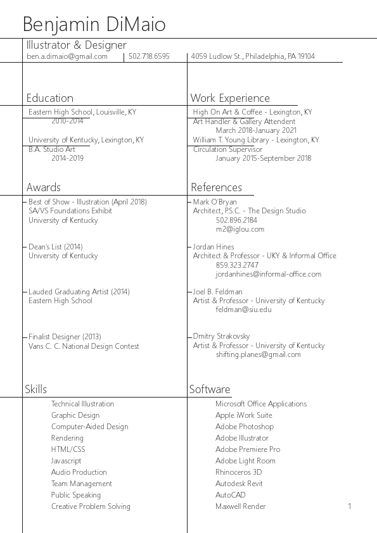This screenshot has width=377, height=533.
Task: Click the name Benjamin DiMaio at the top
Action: [x=94, y=25]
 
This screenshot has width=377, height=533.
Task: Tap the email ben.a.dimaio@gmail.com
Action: [x=67, y=56]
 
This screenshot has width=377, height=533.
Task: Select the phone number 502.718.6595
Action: [x=149, y=56]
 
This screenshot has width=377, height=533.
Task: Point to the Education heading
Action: [x=49, y=98]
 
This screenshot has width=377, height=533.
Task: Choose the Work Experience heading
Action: [x=230, y=98]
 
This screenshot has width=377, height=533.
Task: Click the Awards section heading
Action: [x=44, y=187]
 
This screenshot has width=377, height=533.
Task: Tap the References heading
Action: [x=216, y=187]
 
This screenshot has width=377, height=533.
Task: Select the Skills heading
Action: [x=36, y=389]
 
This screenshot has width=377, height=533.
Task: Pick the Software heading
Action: [x=210, y=389]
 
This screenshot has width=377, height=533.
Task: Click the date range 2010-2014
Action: [x=67, y=121]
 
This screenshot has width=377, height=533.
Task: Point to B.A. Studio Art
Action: [x=52, y=149]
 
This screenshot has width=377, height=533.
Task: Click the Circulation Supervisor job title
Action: [x=227, y=149]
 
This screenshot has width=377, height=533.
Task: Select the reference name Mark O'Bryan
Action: [x=215, y=202]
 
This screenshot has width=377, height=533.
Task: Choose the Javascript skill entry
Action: [x=67, y=461]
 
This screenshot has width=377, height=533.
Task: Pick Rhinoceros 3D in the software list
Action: [x=239, y=472]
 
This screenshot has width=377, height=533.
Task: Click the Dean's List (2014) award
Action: [x=56, y=247]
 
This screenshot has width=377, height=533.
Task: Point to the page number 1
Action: [x=349, y=506]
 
